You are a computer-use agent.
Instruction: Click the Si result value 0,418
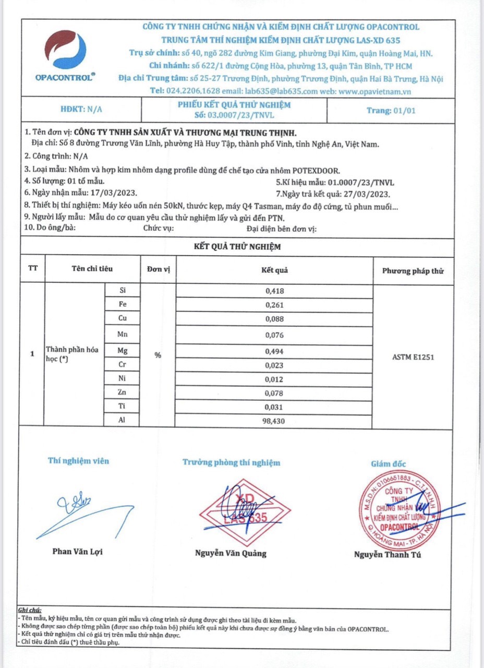tap(274, 291)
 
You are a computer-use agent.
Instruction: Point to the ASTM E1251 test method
tap(413, 357)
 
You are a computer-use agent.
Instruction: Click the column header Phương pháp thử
tap(413, 271)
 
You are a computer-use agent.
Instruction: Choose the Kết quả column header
tap(274, 270)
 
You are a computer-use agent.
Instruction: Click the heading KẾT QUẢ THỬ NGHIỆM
tap(237, 246)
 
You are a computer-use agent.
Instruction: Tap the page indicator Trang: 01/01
tap(391, 110)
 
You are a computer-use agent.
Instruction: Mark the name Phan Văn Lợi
tap(77, 552)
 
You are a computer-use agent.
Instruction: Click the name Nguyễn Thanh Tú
tap(388, 555)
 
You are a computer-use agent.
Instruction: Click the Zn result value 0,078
tap(274, 392)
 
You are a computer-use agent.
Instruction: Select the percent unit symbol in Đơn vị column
tap(158, 355)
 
